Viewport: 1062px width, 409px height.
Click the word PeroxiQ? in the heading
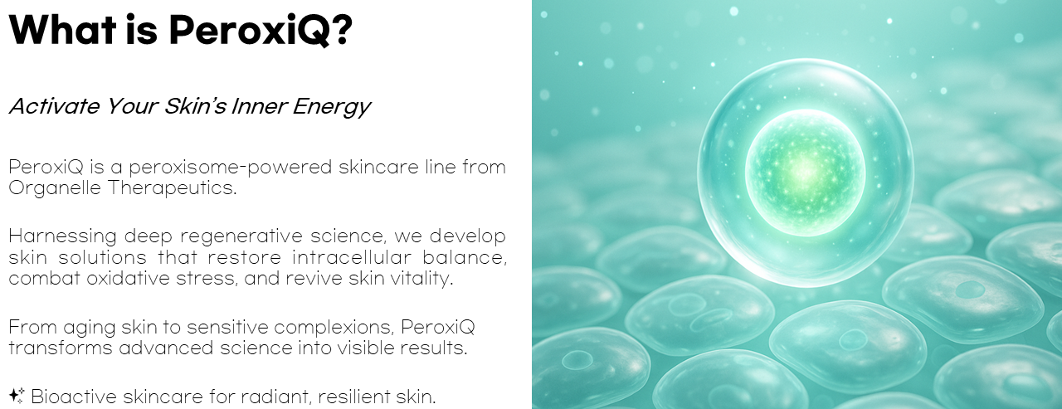click(261, 31)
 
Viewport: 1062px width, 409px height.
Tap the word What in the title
click(62, 29)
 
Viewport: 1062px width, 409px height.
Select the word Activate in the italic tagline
click(55, 105)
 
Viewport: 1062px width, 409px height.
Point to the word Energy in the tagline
click(331, 107)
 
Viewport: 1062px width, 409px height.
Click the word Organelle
click(55, 188)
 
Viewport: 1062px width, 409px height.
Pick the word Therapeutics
click(172, 188)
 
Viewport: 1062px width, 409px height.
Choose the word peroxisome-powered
click(231, 168)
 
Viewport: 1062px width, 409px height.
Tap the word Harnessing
click(62, 236)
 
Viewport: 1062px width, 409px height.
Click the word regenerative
click(241, 236)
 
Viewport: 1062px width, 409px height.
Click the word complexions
click(334, 328)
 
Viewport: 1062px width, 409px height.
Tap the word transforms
click(61, 348)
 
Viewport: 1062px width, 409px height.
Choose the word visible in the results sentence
click(365, 348)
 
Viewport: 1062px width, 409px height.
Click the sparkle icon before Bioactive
click(17, 395)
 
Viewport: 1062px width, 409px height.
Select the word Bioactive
click(74, 397)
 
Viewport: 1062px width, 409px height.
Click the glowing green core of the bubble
click(805, 173)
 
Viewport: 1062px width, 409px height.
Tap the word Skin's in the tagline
click(195, 105)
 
